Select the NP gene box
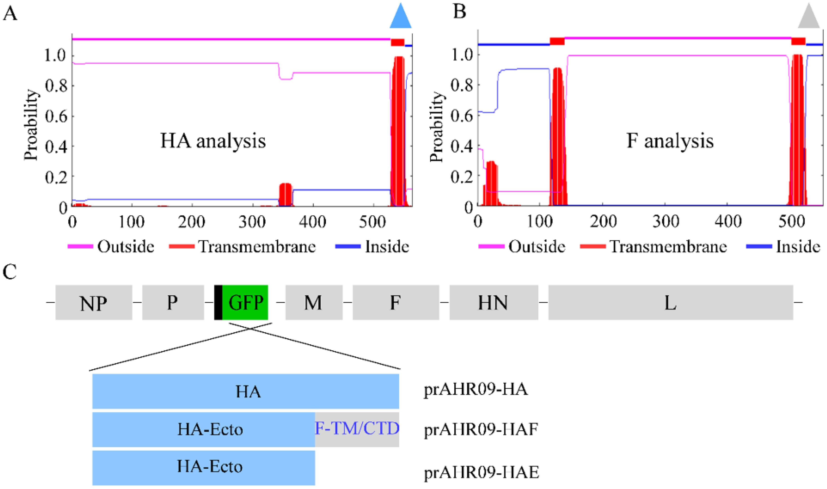point(94,302)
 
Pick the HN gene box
point(494,302)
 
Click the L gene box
point(670,302)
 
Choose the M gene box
point(314,302)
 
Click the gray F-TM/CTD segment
point(357,429)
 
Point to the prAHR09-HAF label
point(481,429)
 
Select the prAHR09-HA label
point(475,390)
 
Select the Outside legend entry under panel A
point(111,246)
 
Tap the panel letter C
point(10,272)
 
